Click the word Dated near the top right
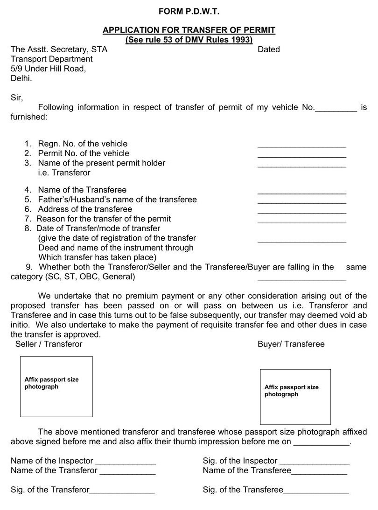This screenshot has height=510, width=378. (x=268, y=49)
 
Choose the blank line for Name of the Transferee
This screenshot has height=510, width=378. (x=301, y=192)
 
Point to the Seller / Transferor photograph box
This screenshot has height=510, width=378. (x=56, y=386)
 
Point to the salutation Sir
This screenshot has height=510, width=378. (x=16, y=98)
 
